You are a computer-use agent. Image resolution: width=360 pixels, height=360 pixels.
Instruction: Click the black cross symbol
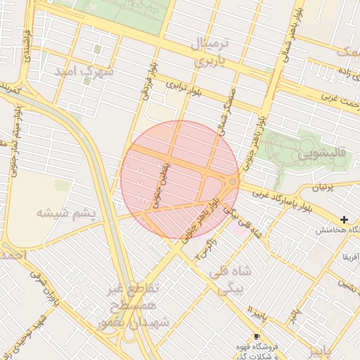click(x=344, y=220)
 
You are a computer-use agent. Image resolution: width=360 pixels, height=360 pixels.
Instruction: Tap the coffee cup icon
click(x=256, y=336)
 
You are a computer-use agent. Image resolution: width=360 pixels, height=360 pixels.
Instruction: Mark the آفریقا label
click(x=351, y=258)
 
